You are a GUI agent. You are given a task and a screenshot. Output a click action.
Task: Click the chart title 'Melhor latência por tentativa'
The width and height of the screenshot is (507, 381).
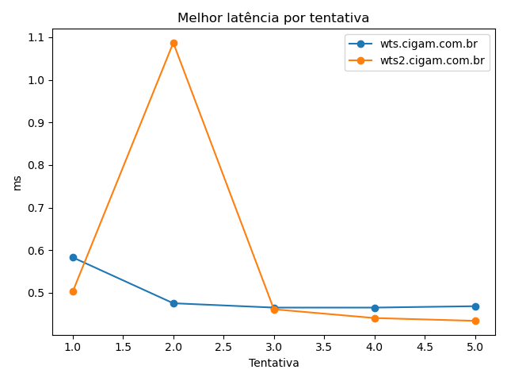point(273,17)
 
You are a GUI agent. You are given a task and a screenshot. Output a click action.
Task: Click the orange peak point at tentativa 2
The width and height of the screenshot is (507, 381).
point(173,43)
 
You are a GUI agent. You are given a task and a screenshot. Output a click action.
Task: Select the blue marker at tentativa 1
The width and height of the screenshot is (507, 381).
point(73,257)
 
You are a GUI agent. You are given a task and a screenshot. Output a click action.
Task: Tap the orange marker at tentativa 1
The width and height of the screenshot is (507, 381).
point(73,291)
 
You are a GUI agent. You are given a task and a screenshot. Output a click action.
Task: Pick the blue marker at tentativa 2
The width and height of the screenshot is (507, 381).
point(173,303)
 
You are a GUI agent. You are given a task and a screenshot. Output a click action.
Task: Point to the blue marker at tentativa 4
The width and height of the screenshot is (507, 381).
point(375,308)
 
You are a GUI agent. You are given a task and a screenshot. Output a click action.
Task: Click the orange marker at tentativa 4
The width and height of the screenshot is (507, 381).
point(375,318)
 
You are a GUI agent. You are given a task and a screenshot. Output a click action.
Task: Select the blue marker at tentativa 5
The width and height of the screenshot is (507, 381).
point(475,306)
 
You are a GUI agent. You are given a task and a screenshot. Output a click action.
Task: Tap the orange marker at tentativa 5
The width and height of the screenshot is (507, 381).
point(475,321)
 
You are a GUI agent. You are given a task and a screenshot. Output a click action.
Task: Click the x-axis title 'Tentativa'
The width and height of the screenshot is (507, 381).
point(273,363)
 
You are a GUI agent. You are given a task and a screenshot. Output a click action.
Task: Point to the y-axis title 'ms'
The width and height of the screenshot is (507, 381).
point(17,183)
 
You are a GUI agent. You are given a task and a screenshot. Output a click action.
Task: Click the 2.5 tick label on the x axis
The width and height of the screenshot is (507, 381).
point(223,347)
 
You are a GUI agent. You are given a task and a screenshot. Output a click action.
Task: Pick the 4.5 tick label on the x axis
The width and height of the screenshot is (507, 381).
point(425,347)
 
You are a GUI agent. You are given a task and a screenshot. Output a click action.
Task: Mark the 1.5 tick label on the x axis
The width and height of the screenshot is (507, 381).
point(123,347)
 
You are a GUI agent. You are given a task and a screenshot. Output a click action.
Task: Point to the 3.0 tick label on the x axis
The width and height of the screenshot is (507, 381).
point(274,347)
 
